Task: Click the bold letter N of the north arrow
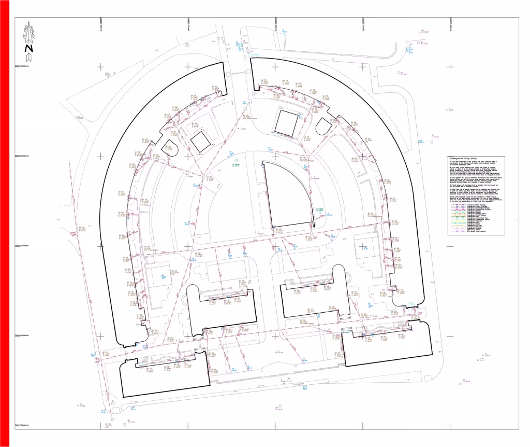coord(29,50)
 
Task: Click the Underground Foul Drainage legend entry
coord(468,205)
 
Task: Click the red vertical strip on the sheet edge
coord(5,223)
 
